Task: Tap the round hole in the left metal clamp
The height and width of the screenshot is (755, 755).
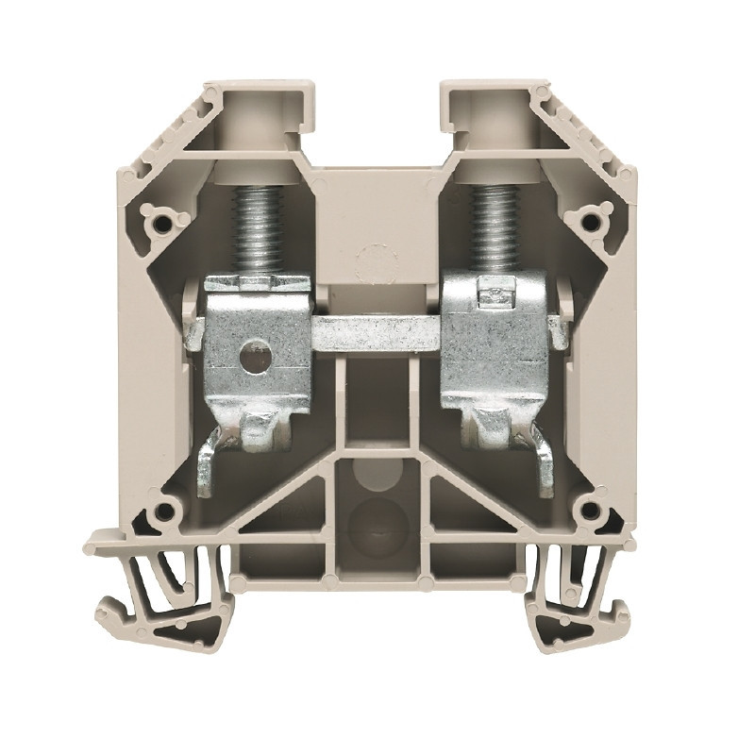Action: point(254,357)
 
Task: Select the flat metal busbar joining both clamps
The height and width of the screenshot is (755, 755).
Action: point(377,333)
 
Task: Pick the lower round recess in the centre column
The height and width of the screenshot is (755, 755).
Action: point(377,521)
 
